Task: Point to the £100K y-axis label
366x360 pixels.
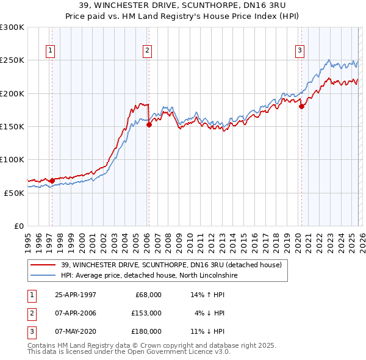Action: [x=12, y=159]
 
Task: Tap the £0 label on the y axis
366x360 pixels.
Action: [x=18, y=226]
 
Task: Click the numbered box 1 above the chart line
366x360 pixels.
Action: [x=50, y=51]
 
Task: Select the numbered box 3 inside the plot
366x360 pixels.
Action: [x=300, y=51]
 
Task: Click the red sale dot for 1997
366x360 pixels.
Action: [x=52, y=181]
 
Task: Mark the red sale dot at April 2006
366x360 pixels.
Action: [x=149, y=124]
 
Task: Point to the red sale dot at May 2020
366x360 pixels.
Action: [x=301, y=106]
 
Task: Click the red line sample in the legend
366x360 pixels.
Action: [x=43, y=265]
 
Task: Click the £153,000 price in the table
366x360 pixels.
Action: [x=146, y=313]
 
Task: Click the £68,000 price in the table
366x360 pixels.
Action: [x=148, y=295]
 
